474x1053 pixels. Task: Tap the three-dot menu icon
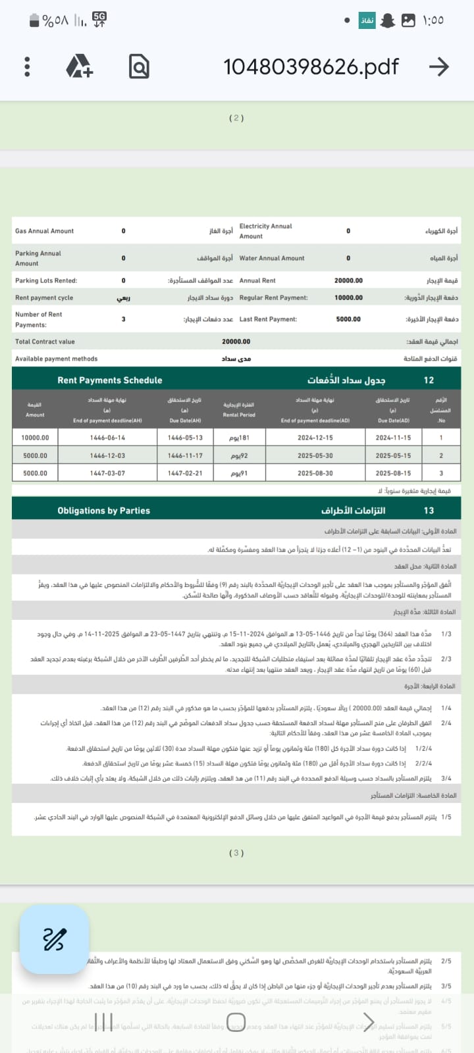pos(27,66)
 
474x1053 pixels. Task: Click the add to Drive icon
pos(80,66)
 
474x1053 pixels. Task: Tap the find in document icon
pos(139,66)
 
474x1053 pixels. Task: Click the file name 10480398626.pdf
pos(311,66)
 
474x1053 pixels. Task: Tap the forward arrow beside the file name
pos(438,66)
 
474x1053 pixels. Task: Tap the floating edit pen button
pos(54,939)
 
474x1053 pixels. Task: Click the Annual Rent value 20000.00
pos(348,280)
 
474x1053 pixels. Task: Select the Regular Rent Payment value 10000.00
pos(348,297)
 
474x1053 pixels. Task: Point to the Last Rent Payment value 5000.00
pos(348,319)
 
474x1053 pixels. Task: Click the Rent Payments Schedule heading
pos(109,380)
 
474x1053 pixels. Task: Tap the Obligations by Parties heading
pos(103,511)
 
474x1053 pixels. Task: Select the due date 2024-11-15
pos(393,438)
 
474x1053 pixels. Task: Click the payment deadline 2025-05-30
pos(315,455)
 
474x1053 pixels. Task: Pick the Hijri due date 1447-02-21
pos(185,473)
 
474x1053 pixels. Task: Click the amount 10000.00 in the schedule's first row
pos(35,438)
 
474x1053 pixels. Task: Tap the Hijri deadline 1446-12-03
pos(107,455)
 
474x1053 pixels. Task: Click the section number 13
pos(429,511)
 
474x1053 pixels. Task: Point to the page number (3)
pos(236,853)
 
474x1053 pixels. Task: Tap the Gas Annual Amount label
pos(45,231)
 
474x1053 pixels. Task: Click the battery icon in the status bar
pos(34,21)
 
